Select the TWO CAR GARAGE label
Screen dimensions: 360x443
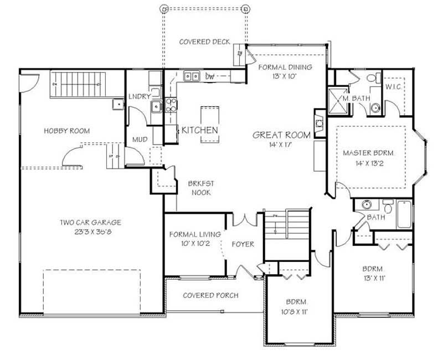click(x=91, y=223)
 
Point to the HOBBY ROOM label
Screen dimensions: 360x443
click(x=66, y=131)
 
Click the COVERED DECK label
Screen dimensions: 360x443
click(x=204, y=42)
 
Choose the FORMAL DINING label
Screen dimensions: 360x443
click(x=285, y=67)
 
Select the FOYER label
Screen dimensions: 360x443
click(x=243, y=244)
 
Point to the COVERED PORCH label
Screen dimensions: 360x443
click(x=210, y=295)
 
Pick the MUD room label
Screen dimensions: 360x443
click(x=140, y=140)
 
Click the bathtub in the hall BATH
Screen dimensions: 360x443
click(x=404, y=214)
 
